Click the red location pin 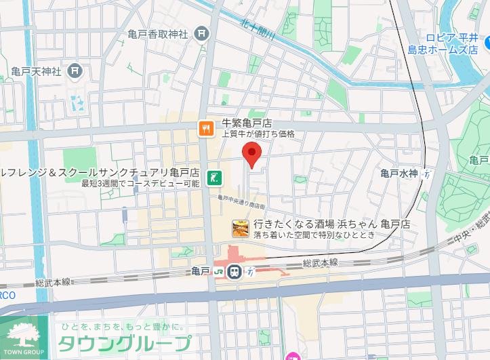point(252,155)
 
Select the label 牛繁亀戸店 point(247,123)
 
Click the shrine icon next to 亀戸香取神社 point(201,33)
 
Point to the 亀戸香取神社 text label point(157,34)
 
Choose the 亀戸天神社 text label point(37,71)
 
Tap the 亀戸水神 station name point(399,174)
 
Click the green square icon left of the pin point(213,178)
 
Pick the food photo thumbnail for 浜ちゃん point(240,228)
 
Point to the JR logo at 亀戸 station point(219,271)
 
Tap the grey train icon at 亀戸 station point(234,271)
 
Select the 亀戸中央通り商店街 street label point(241,201)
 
